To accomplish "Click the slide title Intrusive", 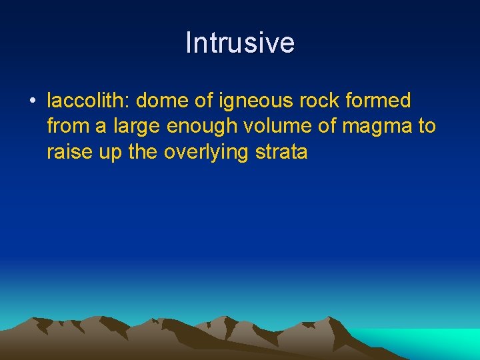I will (240, 43).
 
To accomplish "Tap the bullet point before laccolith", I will (32, 101).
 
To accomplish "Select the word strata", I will (282, 151).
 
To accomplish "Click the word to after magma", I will (427, 126).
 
